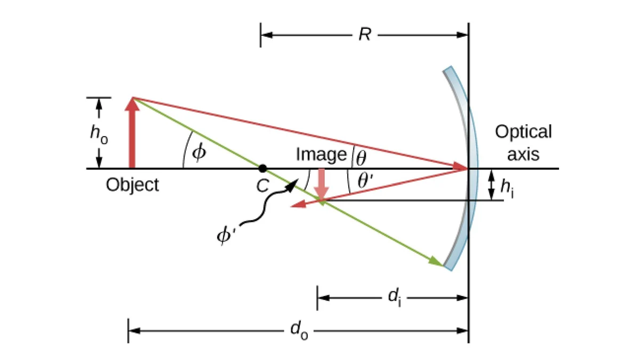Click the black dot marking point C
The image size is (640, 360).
point(263,169)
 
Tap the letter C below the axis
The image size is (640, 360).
point(262,186)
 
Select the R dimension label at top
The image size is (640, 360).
point(365,35)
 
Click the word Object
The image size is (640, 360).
point(132,185)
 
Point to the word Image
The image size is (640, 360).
point(322,155)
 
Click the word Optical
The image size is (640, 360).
point(523,132)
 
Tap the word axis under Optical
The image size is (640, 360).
point(523,155)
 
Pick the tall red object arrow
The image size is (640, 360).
point(132,133)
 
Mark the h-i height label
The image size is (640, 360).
point(507,188)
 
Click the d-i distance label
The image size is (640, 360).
point(395,298)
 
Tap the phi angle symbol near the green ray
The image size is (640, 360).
point(199,151)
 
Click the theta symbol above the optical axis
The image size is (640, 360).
point(361,158)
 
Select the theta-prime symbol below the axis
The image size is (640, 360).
point(365,181)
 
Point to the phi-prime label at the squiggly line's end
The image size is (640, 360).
point(226,236)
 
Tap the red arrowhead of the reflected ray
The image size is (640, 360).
point(298,204)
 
